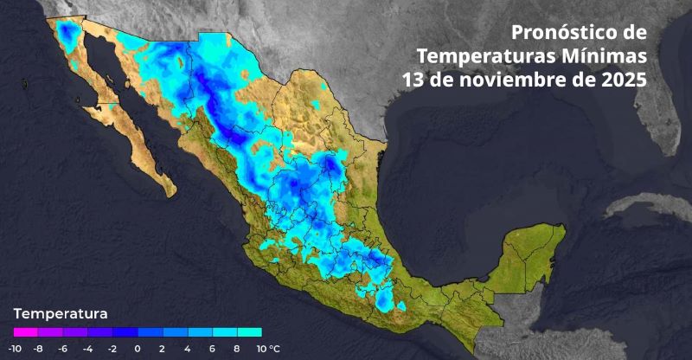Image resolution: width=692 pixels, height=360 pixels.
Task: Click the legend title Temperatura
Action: coord(61,312)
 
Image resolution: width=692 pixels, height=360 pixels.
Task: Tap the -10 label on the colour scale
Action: coord(15,349)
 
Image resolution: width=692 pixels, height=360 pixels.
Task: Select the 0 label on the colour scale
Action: coord(138,349)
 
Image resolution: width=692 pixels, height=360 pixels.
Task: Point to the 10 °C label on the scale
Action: coord(267,349)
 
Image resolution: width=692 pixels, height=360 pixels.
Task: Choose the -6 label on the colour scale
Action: coord(63,349)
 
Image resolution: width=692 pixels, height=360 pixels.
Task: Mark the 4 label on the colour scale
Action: coord(187,349)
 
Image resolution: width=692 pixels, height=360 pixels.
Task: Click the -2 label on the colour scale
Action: coord(112,349)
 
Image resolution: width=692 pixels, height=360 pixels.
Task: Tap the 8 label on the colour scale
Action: coord(236,349)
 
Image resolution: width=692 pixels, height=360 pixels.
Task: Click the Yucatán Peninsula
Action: coord(528,251)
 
